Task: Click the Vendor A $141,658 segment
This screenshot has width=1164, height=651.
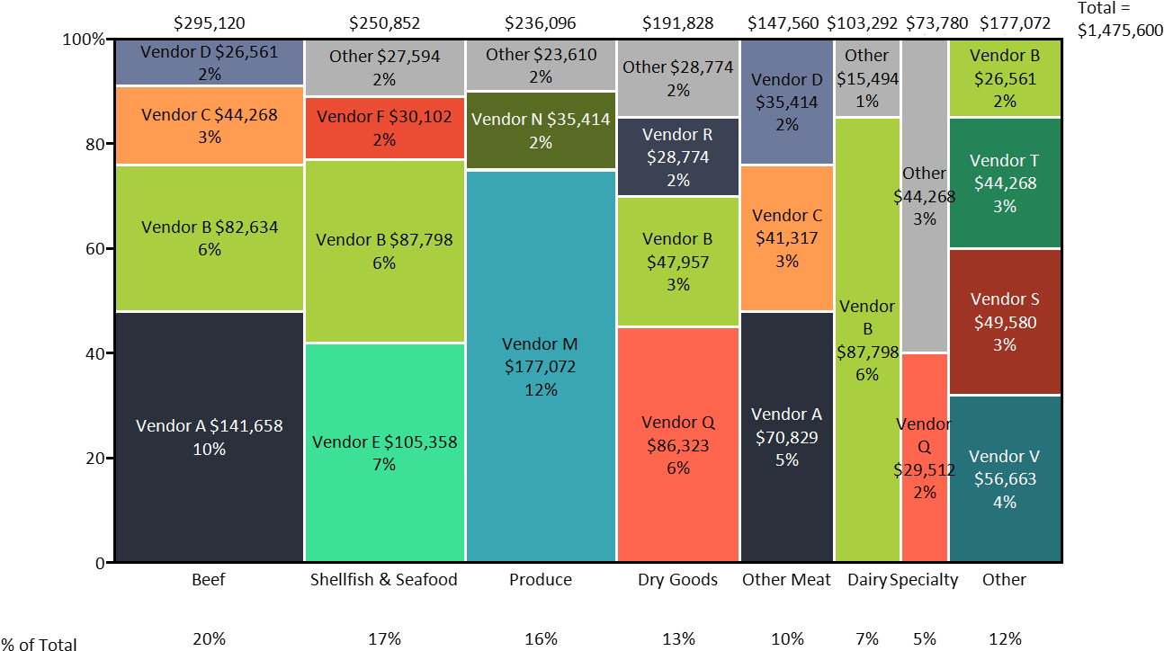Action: (210, 436)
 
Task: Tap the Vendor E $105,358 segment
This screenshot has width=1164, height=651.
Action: (384, 452)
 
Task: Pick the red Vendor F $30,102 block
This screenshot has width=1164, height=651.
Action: (384, 128)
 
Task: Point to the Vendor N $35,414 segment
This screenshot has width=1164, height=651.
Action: (541, 130)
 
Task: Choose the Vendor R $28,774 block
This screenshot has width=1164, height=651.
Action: (678, 156)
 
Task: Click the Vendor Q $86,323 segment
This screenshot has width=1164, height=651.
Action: (678, 444)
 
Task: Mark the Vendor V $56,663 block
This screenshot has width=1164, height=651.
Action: (1005, 478)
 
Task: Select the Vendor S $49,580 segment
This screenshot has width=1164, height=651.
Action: (1005, 321)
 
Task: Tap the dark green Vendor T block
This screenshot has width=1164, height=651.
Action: (1005, 183)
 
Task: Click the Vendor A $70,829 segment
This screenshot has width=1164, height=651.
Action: (787, 437)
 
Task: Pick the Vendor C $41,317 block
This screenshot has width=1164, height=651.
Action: (787, 238)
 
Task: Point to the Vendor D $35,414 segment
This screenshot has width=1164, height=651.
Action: (787, 102)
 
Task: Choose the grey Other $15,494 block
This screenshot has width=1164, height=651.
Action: (867, 78)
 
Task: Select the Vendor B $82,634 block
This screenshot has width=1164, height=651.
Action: (210, 238)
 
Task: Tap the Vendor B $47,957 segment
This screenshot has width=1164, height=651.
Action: (678, 262)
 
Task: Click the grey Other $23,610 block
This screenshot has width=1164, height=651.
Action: (541, 66)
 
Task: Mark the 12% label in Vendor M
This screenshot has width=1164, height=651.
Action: (541, 390)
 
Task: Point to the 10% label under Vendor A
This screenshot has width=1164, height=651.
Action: (210, 449)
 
